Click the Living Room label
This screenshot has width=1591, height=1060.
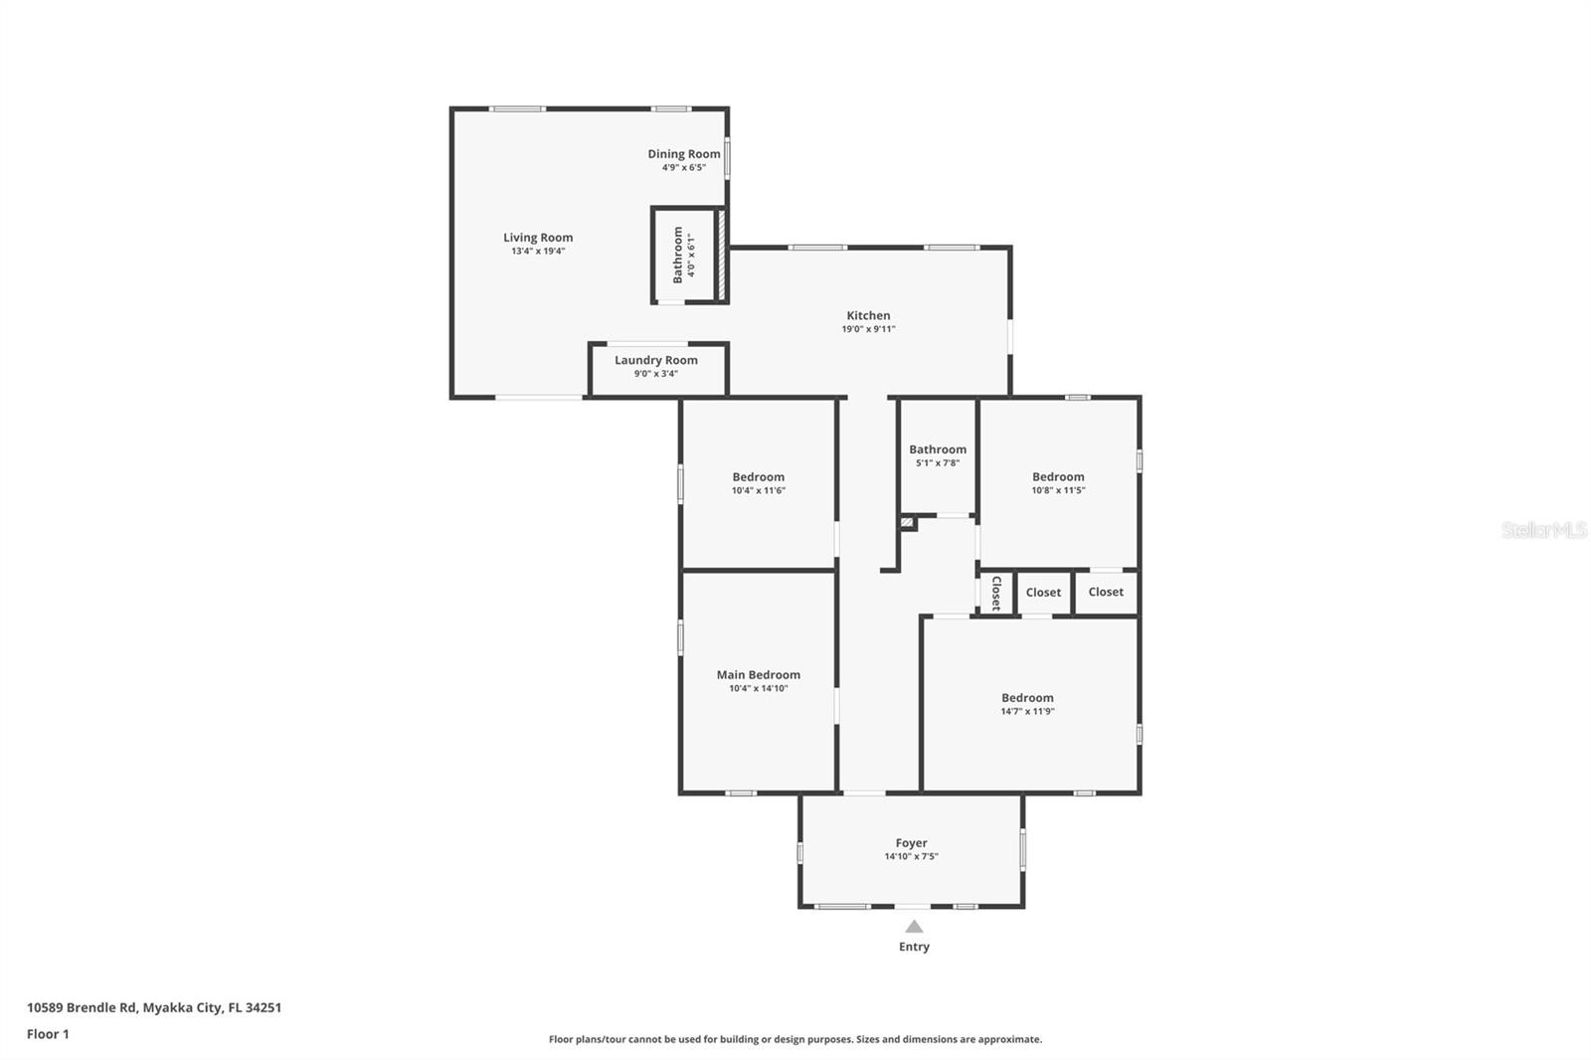538,238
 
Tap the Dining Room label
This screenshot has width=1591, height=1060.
684,153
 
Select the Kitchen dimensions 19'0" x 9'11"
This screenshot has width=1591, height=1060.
868,329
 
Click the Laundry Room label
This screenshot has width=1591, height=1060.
656,360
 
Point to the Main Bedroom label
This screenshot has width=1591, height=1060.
759,674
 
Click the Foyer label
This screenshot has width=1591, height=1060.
911,843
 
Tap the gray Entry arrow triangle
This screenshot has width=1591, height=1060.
914,927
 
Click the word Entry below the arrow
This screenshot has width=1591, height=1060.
914,947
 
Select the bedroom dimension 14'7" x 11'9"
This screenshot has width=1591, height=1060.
1028,711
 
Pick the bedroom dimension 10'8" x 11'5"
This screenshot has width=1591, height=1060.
1058,490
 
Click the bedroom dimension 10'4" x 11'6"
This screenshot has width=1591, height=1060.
759,490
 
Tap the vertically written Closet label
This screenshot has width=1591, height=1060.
996,593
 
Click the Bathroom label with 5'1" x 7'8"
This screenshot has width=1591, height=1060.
938,449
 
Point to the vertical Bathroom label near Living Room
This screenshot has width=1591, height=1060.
677,255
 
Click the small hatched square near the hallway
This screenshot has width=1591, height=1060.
907,523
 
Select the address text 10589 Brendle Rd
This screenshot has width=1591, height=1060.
82,1007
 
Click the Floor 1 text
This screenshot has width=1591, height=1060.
49,1034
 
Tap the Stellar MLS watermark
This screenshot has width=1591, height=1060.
1543,529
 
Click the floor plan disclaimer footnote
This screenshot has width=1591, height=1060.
795,1039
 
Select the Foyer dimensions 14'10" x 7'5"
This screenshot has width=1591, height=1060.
911,857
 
